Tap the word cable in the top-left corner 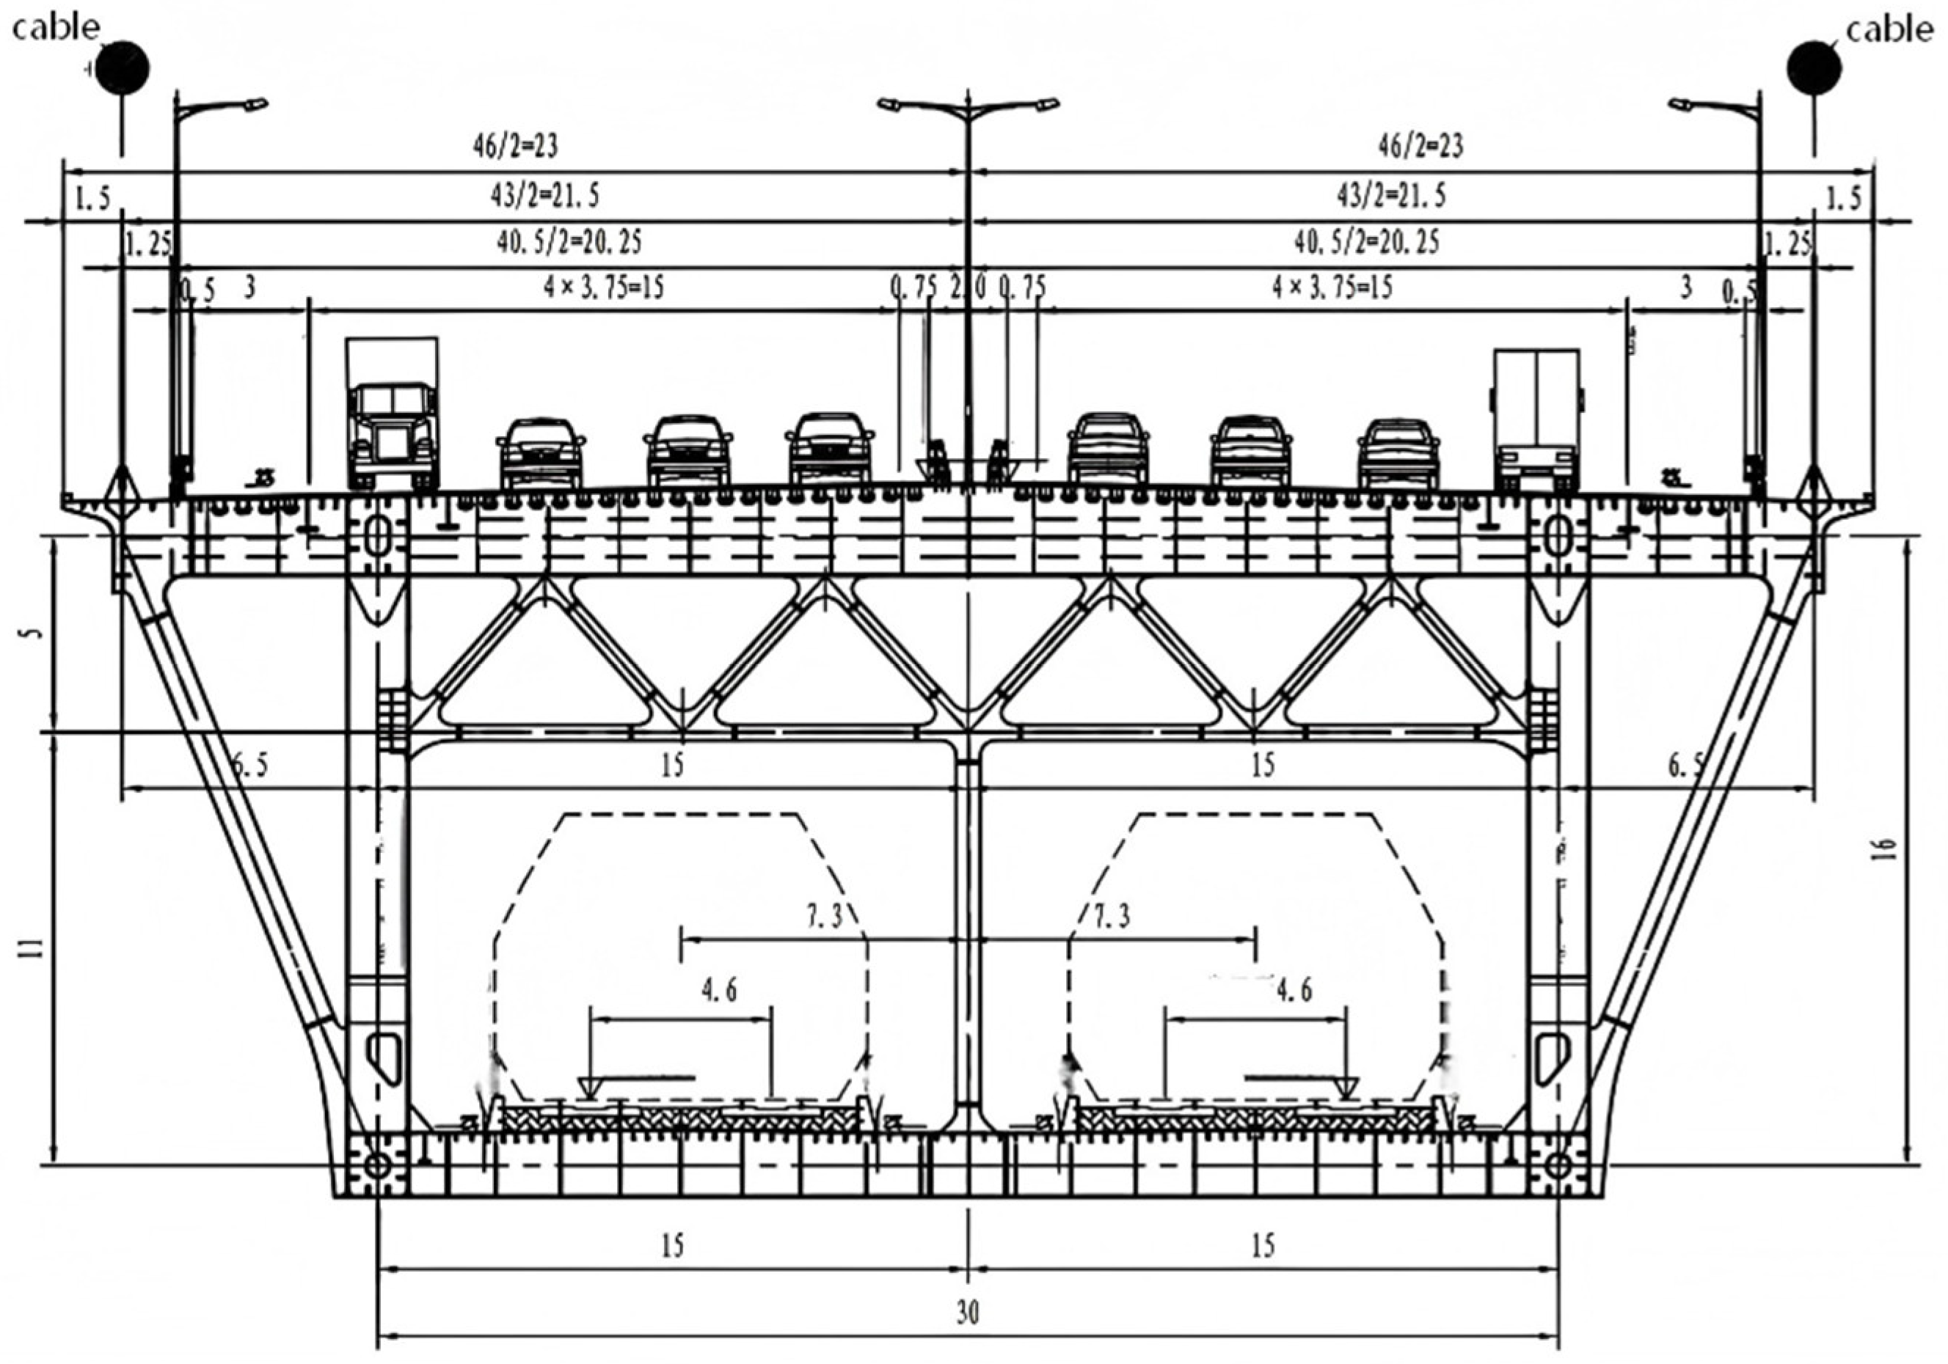(56, 27)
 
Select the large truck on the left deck (392, 416)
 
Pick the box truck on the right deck (1536, 421)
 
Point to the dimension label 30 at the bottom (968, 1313)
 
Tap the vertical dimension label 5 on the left (34, 633)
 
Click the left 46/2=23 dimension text (516, 147)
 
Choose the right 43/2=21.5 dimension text (1391, 196)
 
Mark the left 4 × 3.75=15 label (604, 287)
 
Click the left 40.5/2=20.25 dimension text (569, 243)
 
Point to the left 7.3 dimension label (824, 916)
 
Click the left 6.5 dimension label (249, 765)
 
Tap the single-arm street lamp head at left (255, 104)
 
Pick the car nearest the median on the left (830, 450)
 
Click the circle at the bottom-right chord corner (1558, 1165)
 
